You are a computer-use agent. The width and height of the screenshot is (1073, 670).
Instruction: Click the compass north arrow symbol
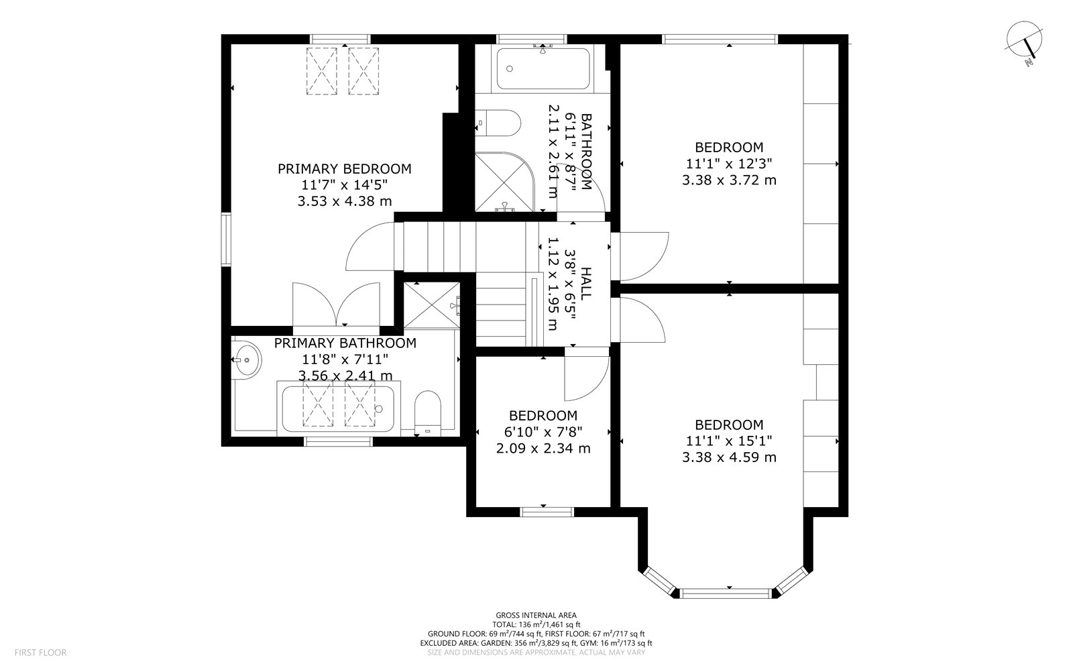[1025, 44]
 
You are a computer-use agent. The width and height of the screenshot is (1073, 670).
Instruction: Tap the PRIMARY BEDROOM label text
[344, 169]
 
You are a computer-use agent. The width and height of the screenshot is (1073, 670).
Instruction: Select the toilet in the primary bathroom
[427, 410]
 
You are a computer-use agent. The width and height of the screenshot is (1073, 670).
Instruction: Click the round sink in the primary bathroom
[247, 359]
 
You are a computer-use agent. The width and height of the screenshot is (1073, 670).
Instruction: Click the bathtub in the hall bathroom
[544, 69]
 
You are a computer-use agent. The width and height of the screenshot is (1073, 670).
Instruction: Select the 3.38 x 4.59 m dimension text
[729, 457]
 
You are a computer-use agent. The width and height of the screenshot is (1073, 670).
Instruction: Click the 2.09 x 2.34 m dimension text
[543, 448]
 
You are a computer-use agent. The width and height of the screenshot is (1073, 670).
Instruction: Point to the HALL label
[585, 283]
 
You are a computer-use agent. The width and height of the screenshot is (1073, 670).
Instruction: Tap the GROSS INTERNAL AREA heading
[536, 615]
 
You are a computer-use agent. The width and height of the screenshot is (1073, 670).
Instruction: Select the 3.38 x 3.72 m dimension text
[729, 180]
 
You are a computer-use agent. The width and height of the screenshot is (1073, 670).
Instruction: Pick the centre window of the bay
[728, 593]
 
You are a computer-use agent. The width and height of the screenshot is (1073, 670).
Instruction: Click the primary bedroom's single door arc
[368, 245]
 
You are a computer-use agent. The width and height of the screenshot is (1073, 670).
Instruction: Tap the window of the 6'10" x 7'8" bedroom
[547, 512]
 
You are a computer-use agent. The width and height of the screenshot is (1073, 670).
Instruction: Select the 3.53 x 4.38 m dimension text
[344, 201]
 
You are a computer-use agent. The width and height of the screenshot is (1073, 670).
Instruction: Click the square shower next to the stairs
[433, 305]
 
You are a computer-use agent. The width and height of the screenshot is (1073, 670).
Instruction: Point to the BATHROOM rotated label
[585, 152]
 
